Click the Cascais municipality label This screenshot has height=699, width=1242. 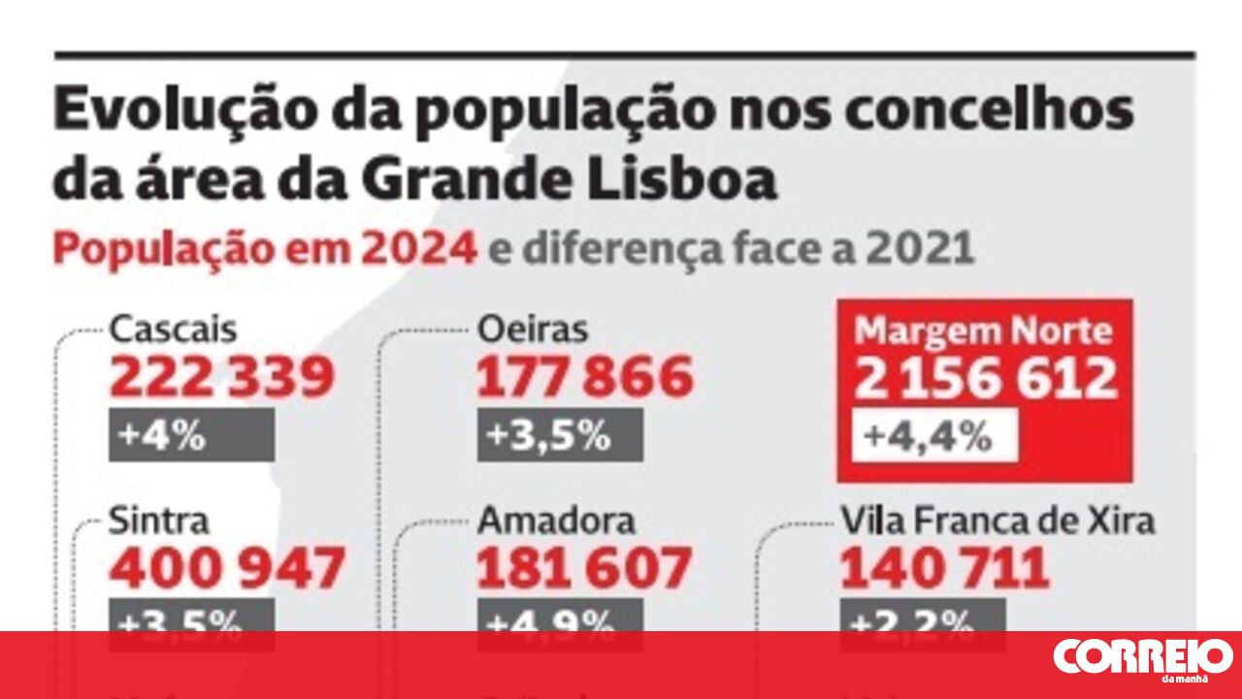[173, 330]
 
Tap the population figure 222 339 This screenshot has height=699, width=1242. [222, 377]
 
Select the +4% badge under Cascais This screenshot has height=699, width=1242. [191, 435]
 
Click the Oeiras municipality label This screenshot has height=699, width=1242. [533, 330]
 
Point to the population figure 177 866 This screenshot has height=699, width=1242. [584, 377]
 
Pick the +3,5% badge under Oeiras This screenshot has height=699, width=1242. [559, 435]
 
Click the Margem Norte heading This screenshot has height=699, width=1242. [984, 333]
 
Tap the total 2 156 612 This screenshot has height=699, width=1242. [985, 378]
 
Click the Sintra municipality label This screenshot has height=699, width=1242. [159, 521]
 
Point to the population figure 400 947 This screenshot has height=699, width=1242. [227, 568]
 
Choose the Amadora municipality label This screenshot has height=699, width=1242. [556, 521]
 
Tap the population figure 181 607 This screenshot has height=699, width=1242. [583, 568]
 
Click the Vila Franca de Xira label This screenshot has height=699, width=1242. [997, 521]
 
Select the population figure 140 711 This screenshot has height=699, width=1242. [944, 568]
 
